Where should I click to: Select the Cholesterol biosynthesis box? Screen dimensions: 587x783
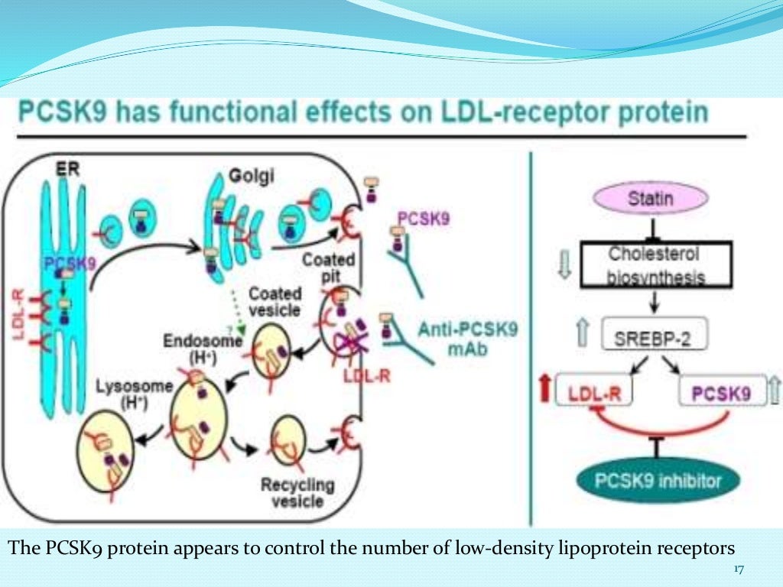click(x=654, y=264)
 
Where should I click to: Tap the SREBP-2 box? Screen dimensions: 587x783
click(x=654, y=334)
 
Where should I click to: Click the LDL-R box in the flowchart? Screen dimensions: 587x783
click(x=594, y=394)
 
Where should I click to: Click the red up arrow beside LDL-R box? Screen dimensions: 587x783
click(x=544, y=391)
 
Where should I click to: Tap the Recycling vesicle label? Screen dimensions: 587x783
click(x=297, y=493)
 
